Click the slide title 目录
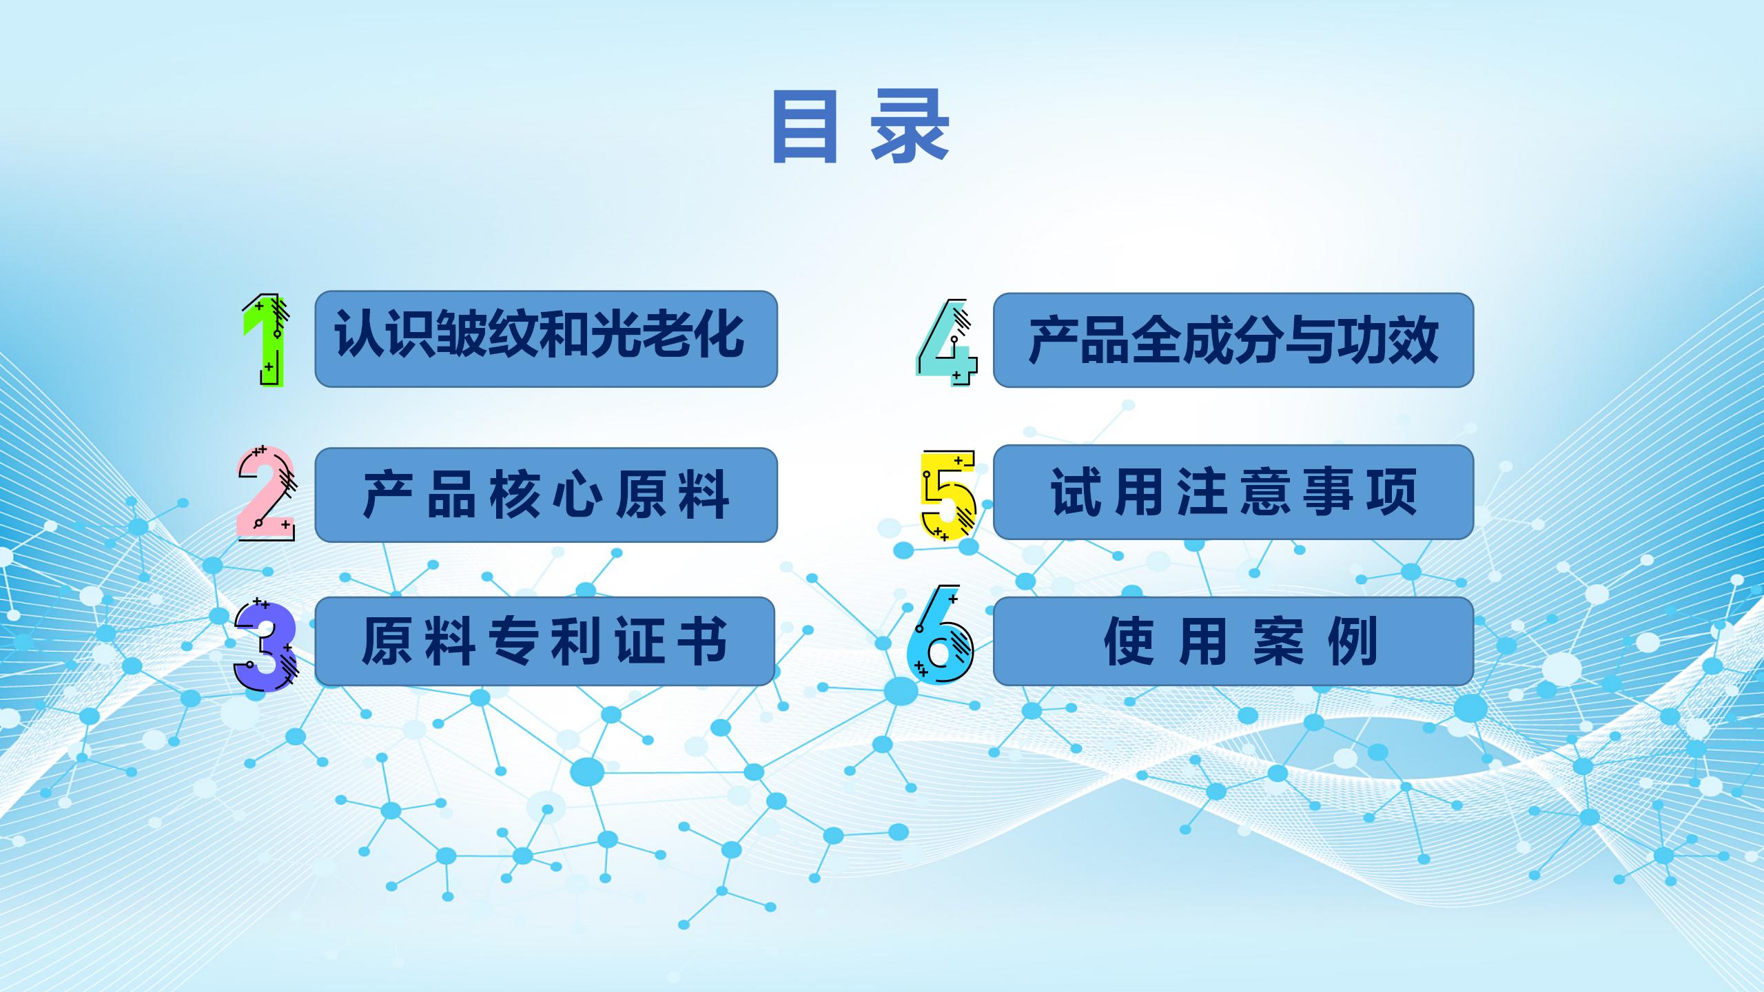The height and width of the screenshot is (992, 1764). (x=861, y=127)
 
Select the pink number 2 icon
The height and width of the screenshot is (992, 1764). (x=266, y=493)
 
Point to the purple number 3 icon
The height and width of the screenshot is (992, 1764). (x=266, y=645)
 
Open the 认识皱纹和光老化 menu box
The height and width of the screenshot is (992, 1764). (x=546, y=339)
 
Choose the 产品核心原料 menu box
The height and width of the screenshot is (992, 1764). (x=546, y=495)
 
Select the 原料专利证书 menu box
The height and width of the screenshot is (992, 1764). (x=544, y=641)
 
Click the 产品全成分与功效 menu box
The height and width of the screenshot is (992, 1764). (x=1233, y=340)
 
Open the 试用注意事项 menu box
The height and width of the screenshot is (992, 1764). (x=1233, y=492)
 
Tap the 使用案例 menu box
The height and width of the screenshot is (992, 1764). (x=1233, y=641)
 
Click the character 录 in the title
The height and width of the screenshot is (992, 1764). (x=910, y=127)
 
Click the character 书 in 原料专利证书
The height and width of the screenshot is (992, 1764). (x=702, y=641)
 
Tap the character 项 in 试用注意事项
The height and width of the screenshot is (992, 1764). (x=1393, y=492)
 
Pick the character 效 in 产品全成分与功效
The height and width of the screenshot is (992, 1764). (x=1413, y=340)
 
